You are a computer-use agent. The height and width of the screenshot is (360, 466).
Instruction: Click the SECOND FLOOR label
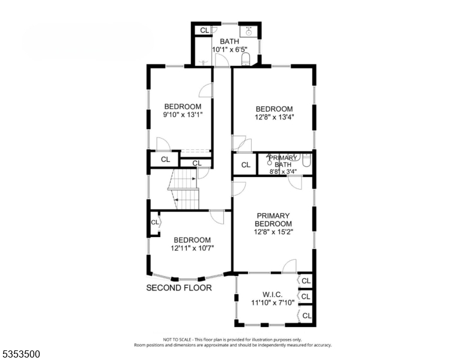point(179,288)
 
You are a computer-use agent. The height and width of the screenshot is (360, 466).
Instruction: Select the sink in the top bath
point(248,31)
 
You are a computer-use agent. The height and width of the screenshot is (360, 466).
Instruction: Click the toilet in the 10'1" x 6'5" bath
point(245,59)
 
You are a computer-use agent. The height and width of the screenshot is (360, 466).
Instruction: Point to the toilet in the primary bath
point(306,160)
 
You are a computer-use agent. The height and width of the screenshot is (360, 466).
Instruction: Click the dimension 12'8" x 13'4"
point(273,118)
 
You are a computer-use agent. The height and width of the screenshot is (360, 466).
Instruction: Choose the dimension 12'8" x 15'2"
point(273,232)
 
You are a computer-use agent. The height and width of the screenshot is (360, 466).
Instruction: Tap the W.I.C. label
point(273,294)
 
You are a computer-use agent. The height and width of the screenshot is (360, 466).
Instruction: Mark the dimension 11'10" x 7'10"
point(273,303)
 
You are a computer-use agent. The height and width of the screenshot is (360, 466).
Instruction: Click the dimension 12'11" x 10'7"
point(192,248)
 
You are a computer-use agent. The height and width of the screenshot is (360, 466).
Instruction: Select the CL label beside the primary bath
point(246,165)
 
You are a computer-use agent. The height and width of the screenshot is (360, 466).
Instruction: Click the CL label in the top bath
point(204,30)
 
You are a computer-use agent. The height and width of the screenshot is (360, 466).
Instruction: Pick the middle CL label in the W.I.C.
point(306,296)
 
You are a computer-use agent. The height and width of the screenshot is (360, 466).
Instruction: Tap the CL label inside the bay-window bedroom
point(154,223)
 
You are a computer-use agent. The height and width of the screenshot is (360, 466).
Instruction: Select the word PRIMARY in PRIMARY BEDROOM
point(273,215)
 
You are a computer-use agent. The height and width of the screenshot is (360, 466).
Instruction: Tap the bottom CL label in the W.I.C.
point(306,315)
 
